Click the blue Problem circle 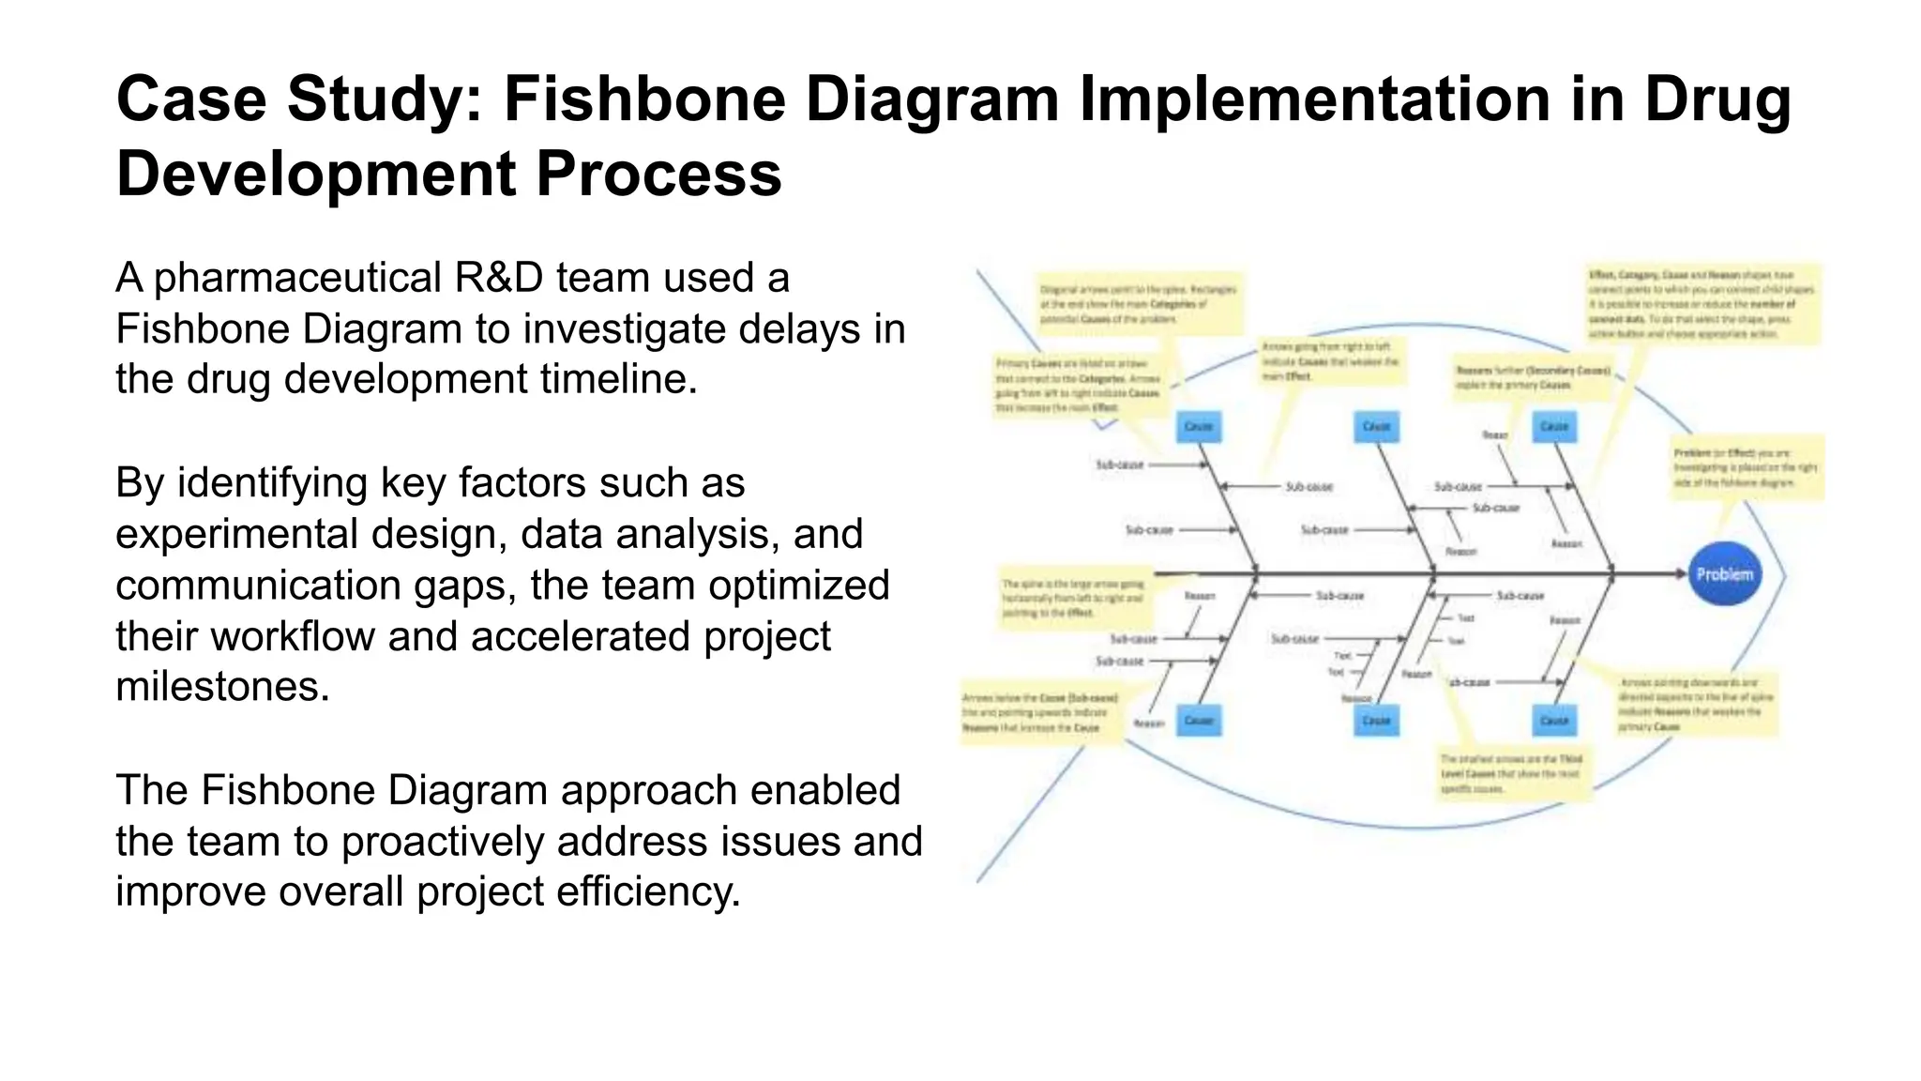point(1724,573)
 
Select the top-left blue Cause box point(1198,426)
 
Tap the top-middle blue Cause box point(1376,426)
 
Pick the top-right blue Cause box point(1554,426)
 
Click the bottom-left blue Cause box point(1198,721)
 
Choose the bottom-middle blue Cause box point(1376,721)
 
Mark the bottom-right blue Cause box point(1554,721)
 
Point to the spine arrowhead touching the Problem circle point(1681,573)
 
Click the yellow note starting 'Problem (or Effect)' point(1746,467)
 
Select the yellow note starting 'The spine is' point(1072,598)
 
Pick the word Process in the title point(658,174)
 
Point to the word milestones point(221,686)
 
